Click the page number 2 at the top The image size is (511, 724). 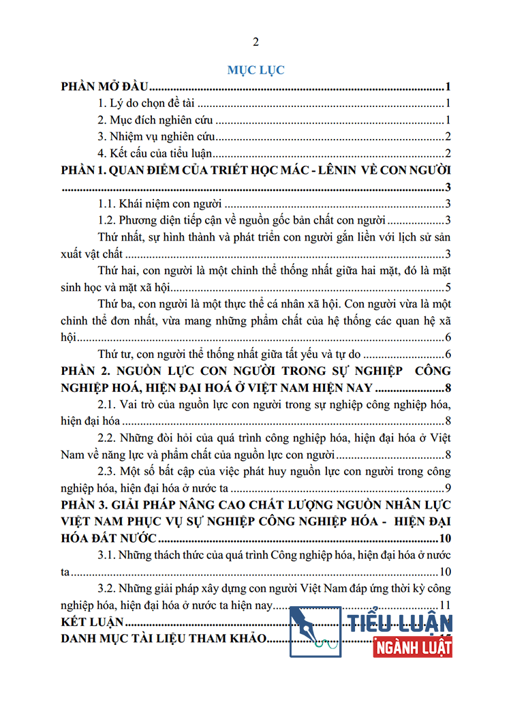coord(255,42)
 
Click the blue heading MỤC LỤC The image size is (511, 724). coord(255,70)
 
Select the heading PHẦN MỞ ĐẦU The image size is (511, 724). coord(105,87)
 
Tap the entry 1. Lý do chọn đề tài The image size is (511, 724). coord(147,104)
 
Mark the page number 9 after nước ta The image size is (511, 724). coord(448,487)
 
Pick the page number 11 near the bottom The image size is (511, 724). coord(446,605)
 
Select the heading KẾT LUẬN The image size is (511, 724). coord(91,622)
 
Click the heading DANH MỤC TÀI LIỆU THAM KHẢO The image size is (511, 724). coord(164,639)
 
